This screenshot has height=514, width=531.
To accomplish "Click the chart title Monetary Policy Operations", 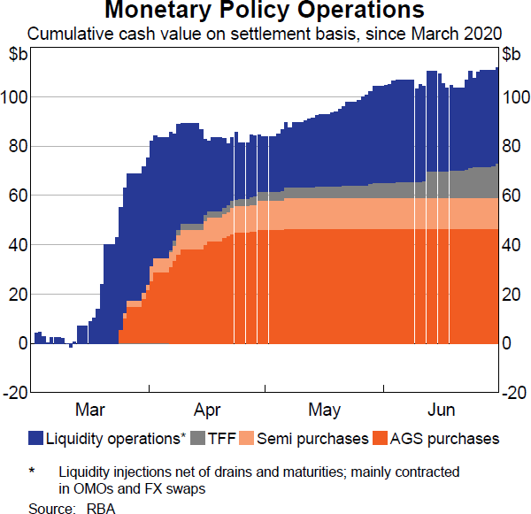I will (x=264, y=12).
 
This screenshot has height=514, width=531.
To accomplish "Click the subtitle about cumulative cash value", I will (x=264, y=34).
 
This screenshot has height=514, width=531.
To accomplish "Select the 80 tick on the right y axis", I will (x=512, y=146).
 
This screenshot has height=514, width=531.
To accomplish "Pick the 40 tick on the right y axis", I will (x=512, y=245).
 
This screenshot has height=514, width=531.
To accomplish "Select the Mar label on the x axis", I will (x=90, y=410).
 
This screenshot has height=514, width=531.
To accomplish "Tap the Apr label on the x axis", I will (x=207, y=410).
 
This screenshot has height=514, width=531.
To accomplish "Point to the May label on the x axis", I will (x=325, y=410).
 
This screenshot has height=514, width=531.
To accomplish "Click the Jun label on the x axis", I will (x=442, y=410).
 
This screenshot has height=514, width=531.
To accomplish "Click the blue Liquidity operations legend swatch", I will (x=36, y=438).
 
